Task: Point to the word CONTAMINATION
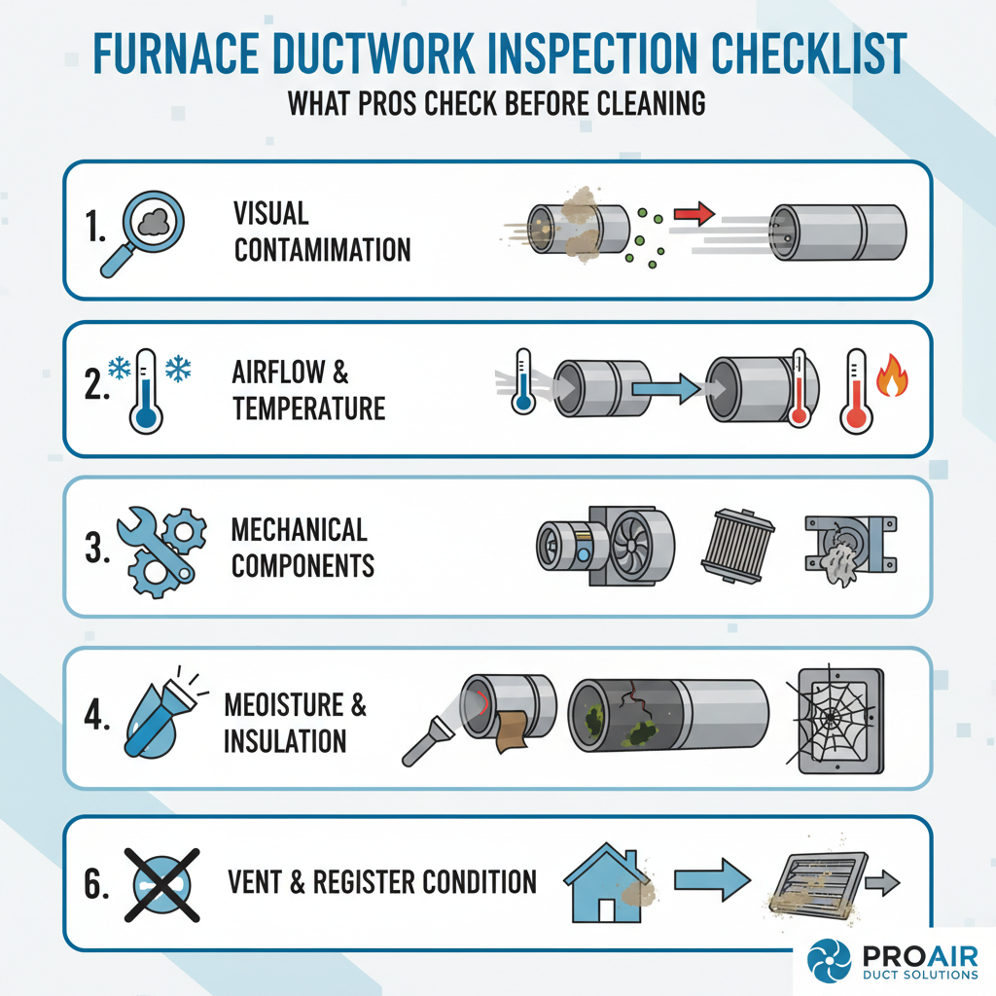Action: (322, 249)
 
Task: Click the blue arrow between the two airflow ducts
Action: (665, 391)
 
